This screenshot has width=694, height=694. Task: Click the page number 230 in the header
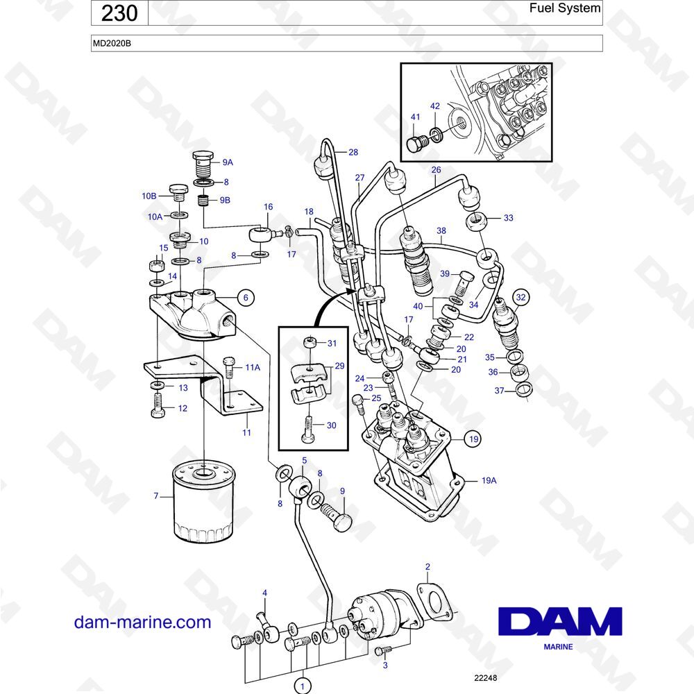(x=119, y=12)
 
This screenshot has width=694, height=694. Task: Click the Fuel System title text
(x=565, y=8)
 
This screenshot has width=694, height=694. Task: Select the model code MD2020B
(x=112, y=43)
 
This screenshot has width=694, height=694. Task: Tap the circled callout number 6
(x=246, y=298)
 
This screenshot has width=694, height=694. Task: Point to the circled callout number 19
(x=473, y=439)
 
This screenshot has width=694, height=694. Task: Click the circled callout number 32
(x=521, y=297)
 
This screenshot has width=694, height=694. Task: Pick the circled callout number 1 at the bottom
(x=303, y=686)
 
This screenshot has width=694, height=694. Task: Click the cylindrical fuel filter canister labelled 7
(x=203, y=502)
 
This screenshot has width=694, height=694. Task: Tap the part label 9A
(x=228, y=162)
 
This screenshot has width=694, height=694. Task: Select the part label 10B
(x=149, y=196)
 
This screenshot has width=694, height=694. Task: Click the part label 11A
(x=253, y=367)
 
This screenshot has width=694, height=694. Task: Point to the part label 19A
(x=489, y=480)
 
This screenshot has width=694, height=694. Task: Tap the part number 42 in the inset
(x=435, y=106)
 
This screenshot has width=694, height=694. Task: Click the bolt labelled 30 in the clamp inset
(x=308, y=429)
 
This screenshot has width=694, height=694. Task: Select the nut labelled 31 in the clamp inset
(x=309, y=342)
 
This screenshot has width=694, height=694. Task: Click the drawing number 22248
(x=486, y=677)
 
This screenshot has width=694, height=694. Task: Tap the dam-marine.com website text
(x=142, y=622)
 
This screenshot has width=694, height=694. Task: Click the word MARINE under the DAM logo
(x=558, y=647)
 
